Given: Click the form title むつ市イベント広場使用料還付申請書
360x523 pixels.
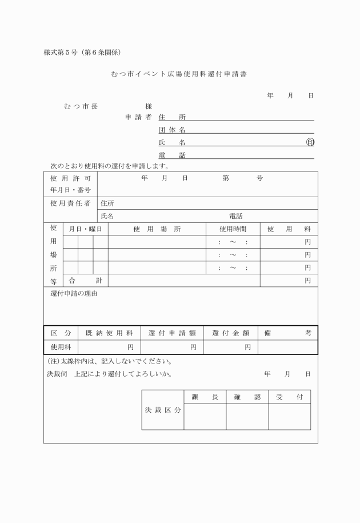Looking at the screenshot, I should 179,74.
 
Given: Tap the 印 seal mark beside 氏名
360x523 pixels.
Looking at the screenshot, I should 310,142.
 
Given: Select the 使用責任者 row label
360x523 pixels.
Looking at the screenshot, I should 70,203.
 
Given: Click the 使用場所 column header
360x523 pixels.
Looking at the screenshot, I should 157,229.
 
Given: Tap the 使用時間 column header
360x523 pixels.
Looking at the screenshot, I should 233,229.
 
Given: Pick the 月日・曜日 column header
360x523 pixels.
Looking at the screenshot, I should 85,229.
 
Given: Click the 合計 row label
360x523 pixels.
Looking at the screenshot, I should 85,280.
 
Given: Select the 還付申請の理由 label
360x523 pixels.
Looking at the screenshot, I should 74,294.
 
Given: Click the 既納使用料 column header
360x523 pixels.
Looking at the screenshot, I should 109,333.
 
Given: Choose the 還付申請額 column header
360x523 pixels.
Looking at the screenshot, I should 172,333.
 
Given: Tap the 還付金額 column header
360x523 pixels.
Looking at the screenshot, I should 230,333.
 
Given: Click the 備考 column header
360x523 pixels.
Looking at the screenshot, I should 287,333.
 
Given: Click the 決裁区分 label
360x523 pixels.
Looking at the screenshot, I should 162,410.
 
